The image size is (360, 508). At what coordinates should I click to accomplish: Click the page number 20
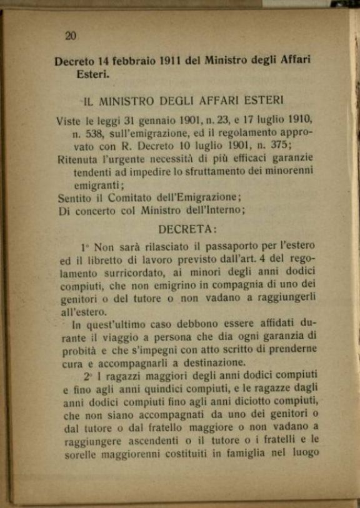[x=71, y=36]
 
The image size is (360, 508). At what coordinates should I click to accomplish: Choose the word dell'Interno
[x=212, y=211]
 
